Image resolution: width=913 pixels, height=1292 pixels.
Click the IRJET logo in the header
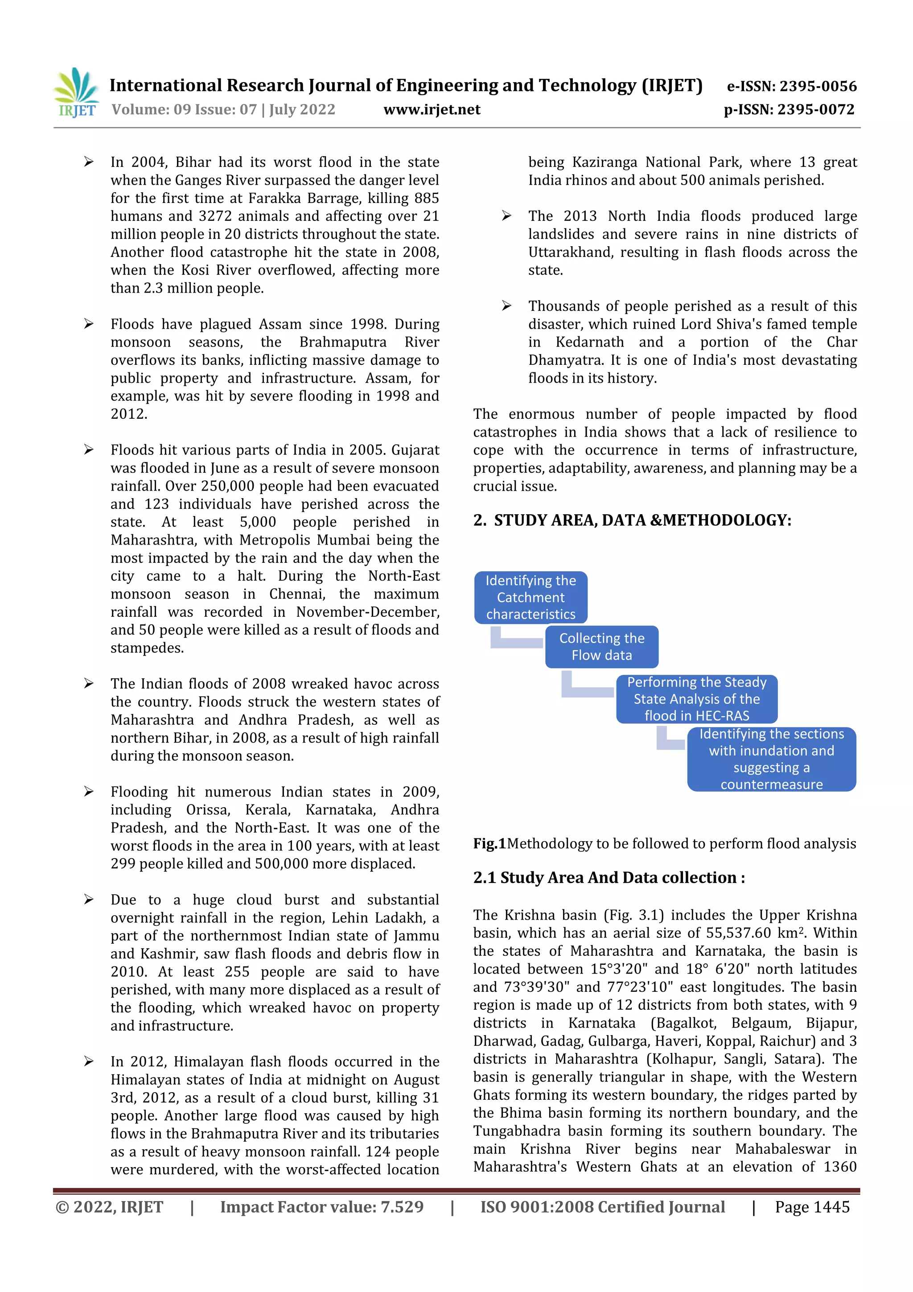77,93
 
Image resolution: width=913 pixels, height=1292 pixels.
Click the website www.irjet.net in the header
432,110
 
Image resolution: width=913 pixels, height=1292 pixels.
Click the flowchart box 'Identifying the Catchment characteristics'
531,597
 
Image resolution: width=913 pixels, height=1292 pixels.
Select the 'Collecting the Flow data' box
601,647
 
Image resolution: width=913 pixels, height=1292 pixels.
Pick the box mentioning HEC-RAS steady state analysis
696,699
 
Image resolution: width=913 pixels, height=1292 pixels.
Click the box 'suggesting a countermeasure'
771,759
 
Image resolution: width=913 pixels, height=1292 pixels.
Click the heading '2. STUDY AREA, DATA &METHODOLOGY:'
632,520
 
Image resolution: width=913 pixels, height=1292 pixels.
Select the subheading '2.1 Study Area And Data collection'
609,877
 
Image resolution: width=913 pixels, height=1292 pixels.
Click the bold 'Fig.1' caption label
489,843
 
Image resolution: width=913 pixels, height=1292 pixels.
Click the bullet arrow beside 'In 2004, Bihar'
89,162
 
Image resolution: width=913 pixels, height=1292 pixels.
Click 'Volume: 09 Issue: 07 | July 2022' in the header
223,110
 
